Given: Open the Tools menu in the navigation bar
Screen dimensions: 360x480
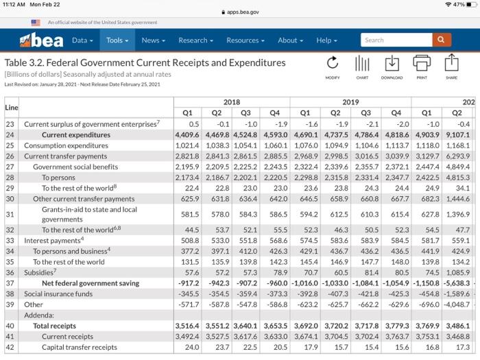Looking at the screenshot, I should (x=117, y=40).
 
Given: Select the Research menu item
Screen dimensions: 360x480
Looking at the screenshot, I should (x=195, y=40).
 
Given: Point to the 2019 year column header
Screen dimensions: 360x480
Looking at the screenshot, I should (x=350, y=101).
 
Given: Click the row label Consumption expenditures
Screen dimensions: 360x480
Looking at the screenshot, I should (x=66, y=145).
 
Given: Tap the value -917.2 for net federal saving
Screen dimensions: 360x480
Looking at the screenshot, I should (x=187, y=283).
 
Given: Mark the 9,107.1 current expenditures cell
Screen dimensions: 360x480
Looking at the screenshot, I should (x=457, y=135).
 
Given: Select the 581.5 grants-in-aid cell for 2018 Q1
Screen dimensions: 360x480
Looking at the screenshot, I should (x=189, y=214).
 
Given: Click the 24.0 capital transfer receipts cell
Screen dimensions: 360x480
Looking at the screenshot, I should (x=192, y=347).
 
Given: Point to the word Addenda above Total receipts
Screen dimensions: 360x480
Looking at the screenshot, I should (x=39, y=315).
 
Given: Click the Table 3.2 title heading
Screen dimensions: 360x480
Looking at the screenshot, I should (x=145, y=62).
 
